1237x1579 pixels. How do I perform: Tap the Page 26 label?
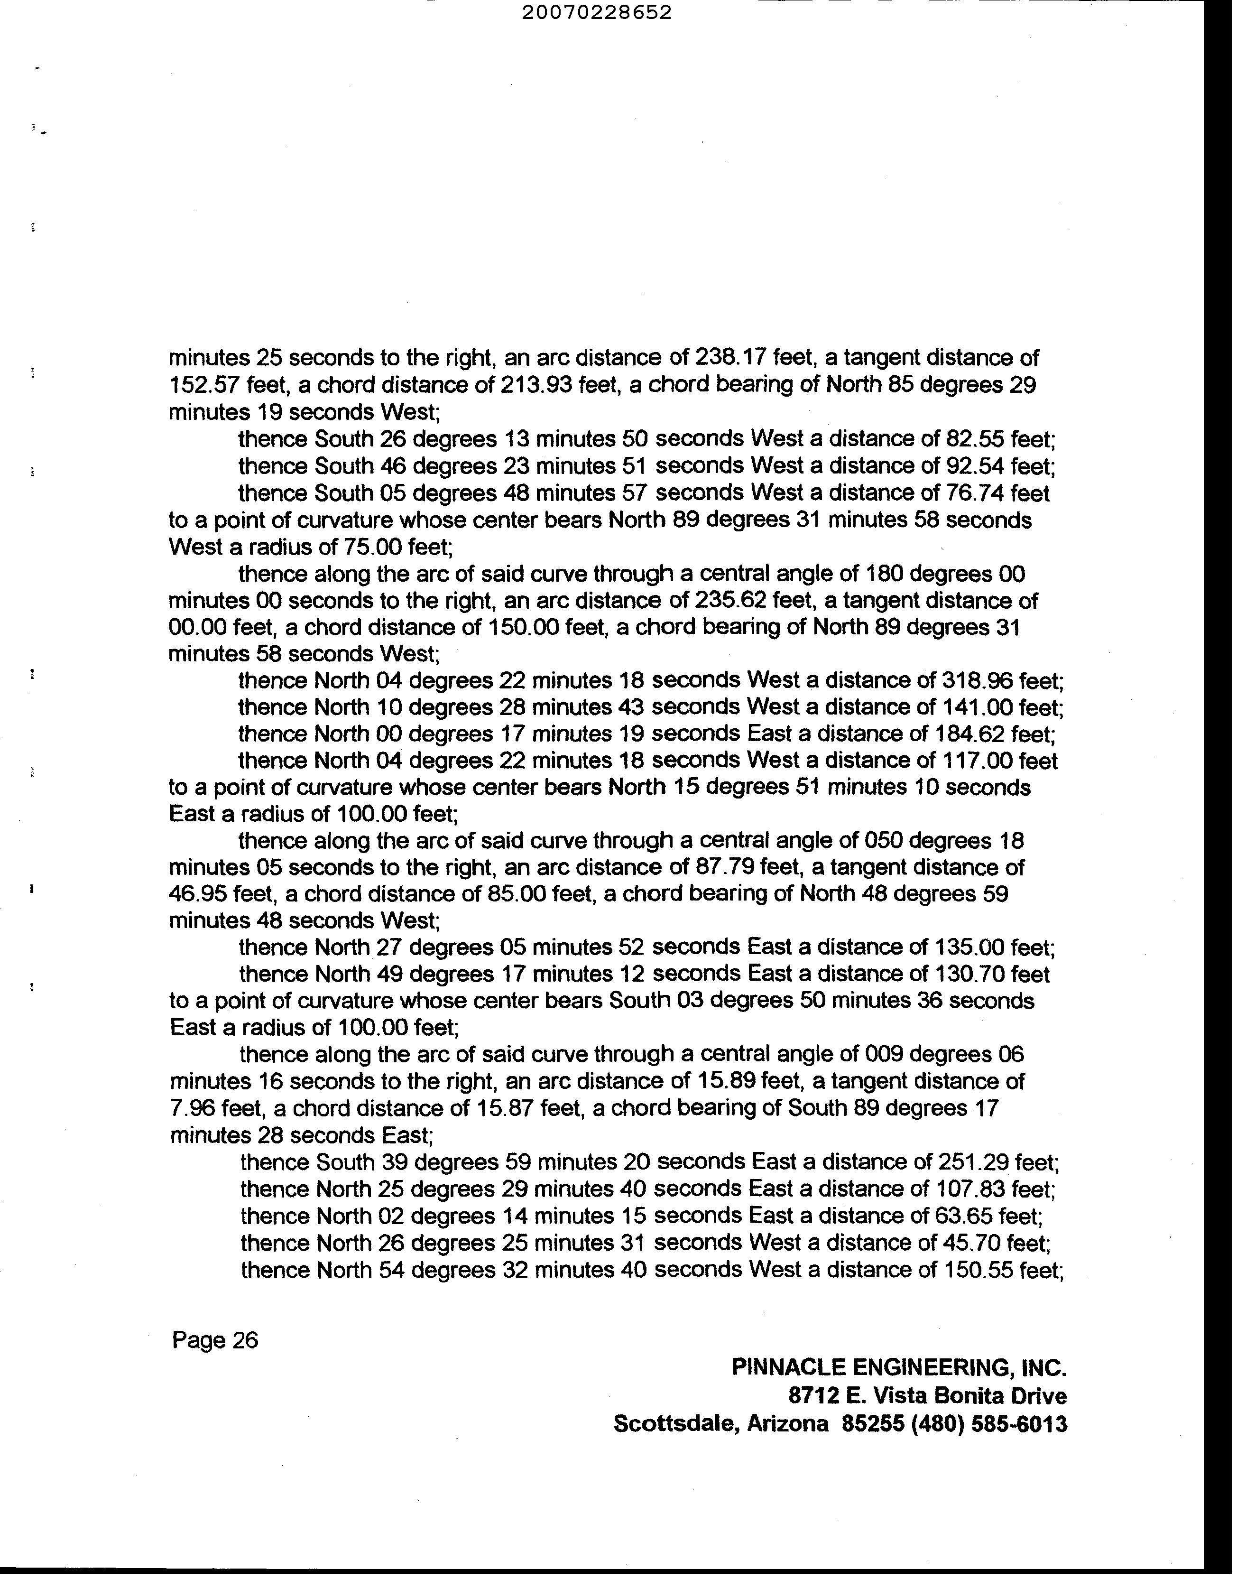[214, 1341]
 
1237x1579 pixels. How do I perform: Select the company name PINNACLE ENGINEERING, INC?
[899, 1367]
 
